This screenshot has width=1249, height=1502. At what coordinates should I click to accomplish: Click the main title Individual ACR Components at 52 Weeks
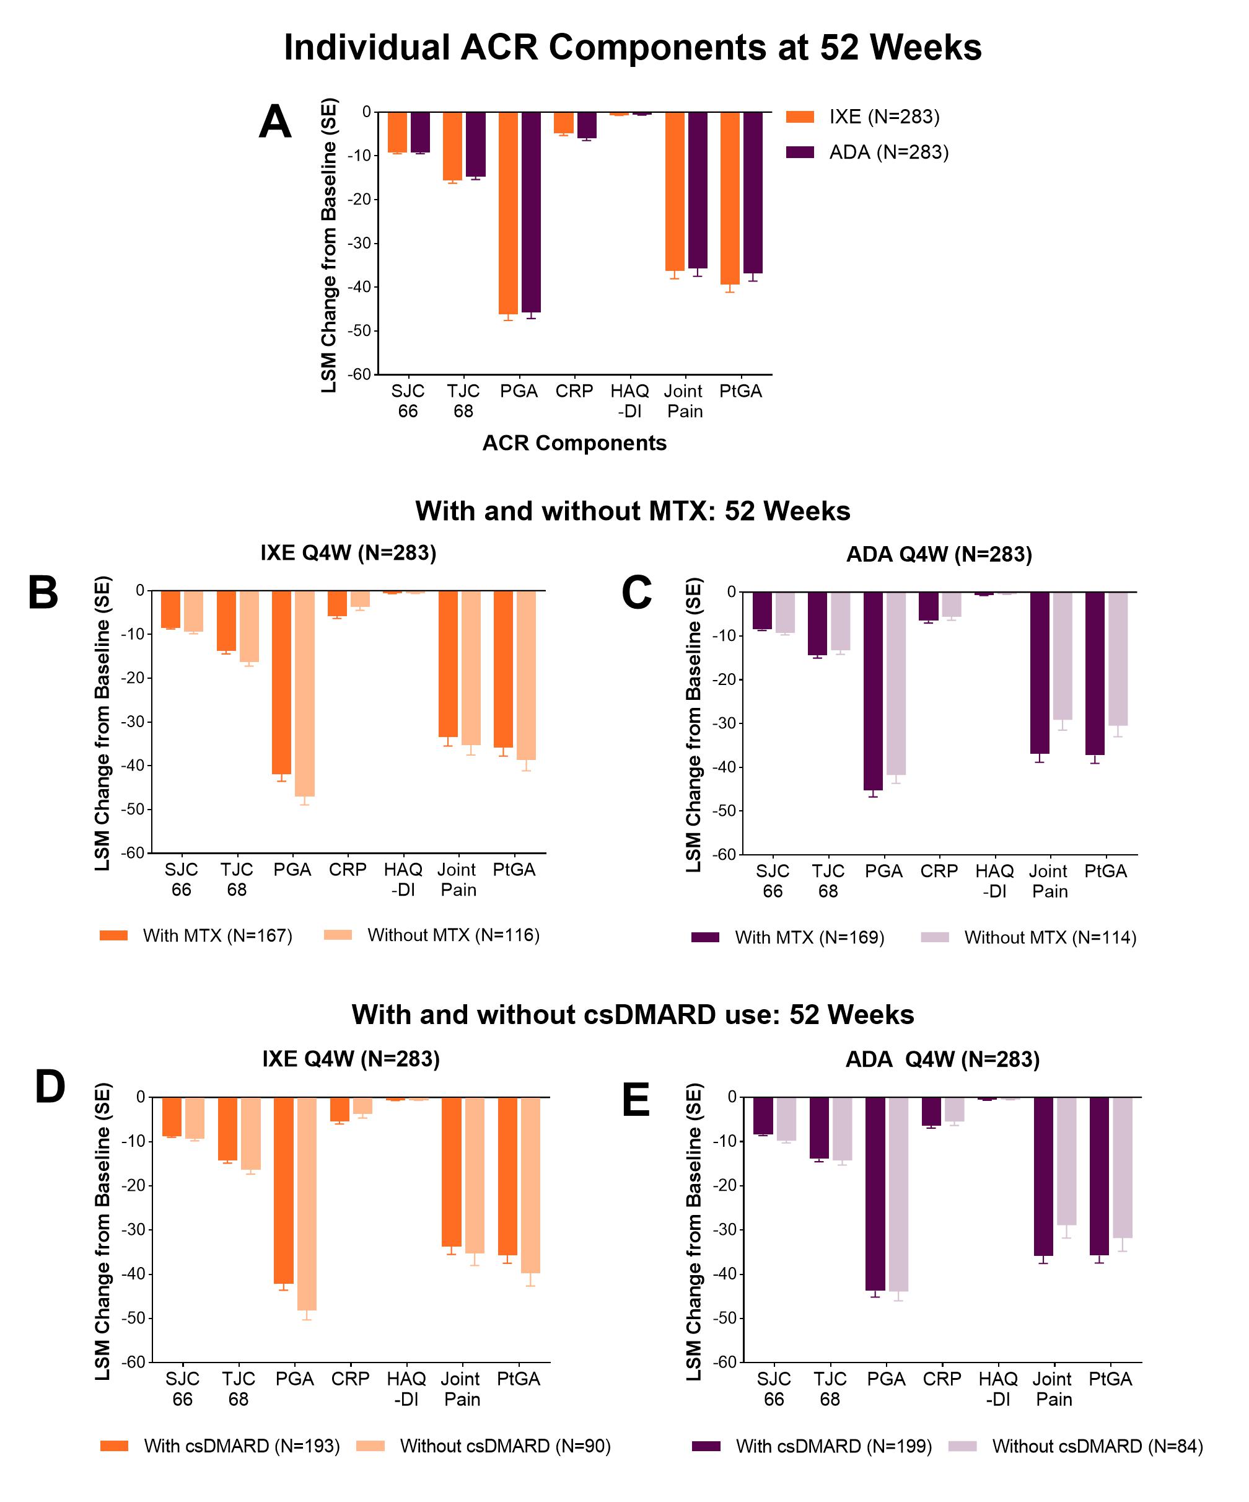click(633, 48)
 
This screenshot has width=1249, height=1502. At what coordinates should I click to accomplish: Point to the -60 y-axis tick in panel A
click(361, 374)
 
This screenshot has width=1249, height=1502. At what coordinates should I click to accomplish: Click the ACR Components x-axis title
click(574, 443)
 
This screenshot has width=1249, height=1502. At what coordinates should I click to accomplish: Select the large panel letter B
click(43, 593)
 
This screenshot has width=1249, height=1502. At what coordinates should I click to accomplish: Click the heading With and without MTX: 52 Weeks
click(633, 511)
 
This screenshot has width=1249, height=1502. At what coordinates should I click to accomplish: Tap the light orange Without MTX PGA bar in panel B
click(305, 693)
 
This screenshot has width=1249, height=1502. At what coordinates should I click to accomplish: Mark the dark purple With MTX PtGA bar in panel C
click(1095, 673)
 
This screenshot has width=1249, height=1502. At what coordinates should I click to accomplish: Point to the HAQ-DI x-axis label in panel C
click(994, 881)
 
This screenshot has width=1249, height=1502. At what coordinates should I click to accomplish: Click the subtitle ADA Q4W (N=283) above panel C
click(939, 554)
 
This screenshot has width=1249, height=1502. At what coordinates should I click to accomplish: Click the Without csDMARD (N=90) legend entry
click(505, 1446)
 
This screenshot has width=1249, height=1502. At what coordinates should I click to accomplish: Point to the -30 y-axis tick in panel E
click(726, 1229)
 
